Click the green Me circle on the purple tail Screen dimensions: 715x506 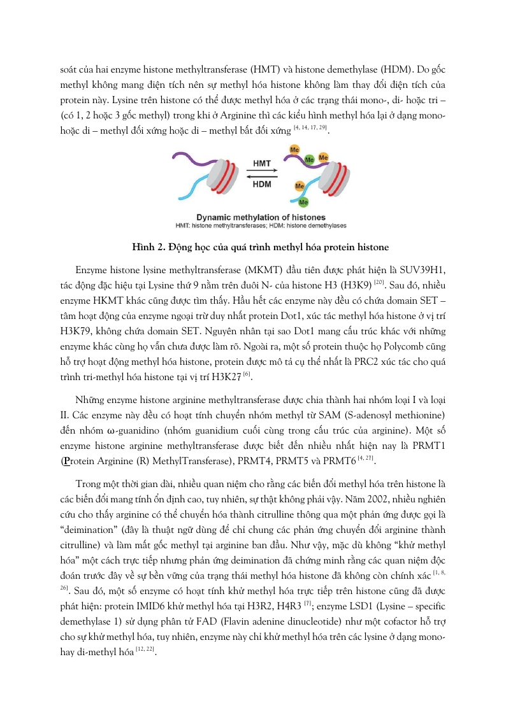pyautogui.click(x=308, y=160)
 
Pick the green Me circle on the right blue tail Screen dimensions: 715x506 pyautogui.click(x=304, y=202)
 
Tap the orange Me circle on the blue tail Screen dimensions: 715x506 pyautogui.click(x=299, y=187)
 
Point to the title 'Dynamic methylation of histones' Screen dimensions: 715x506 pyautogui.click(x=253, y=217)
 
